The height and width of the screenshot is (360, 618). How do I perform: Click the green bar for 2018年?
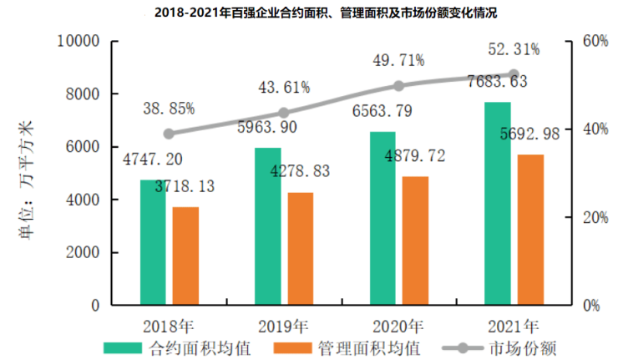[153, 242]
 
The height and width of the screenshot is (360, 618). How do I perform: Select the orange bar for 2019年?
[301, 249]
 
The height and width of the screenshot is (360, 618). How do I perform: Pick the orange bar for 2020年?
[415, 241]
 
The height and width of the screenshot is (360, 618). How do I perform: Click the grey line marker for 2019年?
[283, 113]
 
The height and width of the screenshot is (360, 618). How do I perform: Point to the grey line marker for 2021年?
[514, 74]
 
